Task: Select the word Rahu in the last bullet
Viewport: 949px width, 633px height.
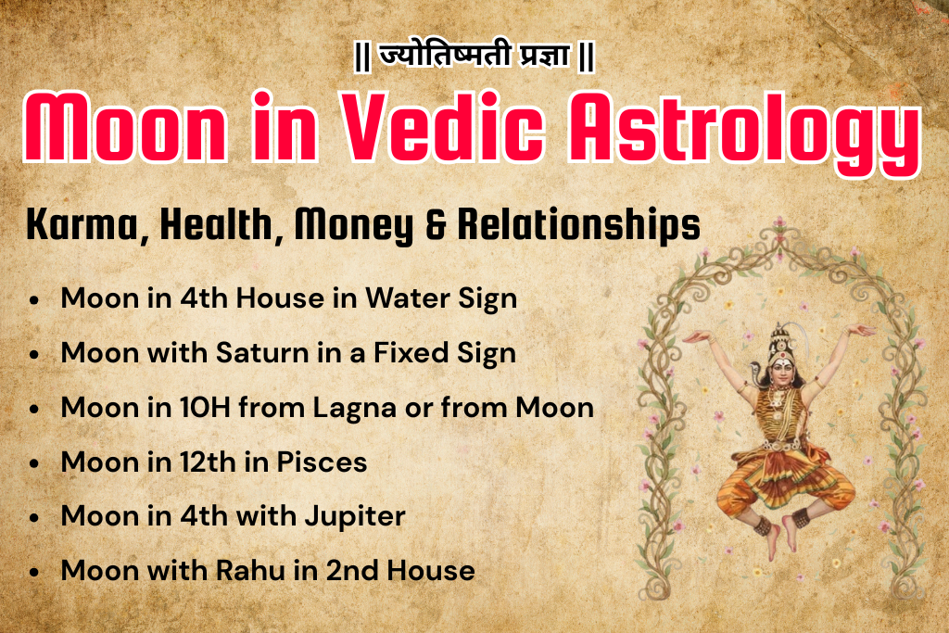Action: (246, 570)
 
